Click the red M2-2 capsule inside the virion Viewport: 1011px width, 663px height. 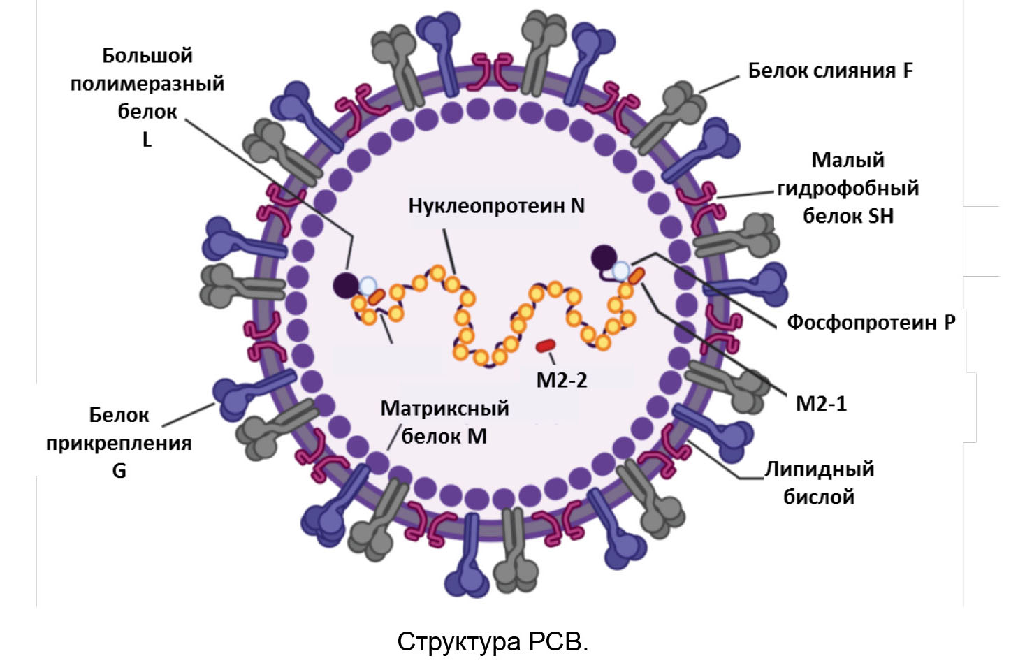pyautogui.click(x=546, y=345)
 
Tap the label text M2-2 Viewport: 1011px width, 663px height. pyautogui.click(x=561, y=380)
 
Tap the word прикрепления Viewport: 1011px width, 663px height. pyautogui.click(x=119, y=443)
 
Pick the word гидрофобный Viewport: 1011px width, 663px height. pyautogui.click(x=848, y=188)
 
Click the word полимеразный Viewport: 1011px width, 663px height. pyautogui.click(x=147, y=83)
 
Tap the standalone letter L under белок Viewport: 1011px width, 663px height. pyautogui.click(x=147, y=140)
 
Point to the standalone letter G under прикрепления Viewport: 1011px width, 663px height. pyautogui.click(x=119, y=471)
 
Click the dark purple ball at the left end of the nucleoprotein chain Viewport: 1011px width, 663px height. pyautogui.click(x=346, y=285)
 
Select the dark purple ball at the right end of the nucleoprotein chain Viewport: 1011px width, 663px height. pyautogui.click(x=604, y=258)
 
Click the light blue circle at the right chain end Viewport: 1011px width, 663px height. pyautogui.click(x=620, y=270)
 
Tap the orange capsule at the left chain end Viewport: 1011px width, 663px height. pyautogui.click(x=377, y=296)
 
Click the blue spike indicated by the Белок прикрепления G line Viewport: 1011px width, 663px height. pyautogui.click(x=231, y=395)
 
